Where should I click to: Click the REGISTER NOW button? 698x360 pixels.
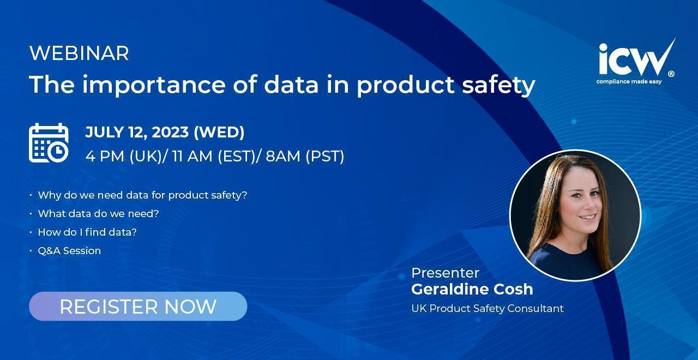(x=138, y=306)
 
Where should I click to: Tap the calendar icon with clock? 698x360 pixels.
(x=49, y=143)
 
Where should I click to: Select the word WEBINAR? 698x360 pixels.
(x=79, y=53)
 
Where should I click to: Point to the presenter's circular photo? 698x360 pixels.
(x=575, y=215)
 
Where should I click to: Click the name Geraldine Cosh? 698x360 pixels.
(x=472, y=289)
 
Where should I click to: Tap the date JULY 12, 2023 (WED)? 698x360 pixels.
(x=165, y=132)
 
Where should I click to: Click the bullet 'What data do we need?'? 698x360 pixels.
(x=98, y=213)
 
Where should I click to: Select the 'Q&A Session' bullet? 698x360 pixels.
(x=69, y=250)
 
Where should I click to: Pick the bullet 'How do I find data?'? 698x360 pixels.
(x=87, y=232)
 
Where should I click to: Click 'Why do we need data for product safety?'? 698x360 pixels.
(x=142, y=195)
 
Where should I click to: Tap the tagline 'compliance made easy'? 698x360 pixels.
(x=629, y=82)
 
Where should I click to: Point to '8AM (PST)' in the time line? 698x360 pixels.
(x=305, y=156)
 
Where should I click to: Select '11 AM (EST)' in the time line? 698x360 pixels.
(x=213, y=156)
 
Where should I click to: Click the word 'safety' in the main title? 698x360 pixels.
(x=498, y=85)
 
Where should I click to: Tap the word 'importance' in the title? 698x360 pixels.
(x=154, y=85)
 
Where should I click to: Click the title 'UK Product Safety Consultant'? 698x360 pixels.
(x=488, y=309)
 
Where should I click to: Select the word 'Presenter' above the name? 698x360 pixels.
(x=446, y=273)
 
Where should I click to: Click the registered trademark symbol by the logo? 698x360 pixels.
(x=671, y=74)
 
